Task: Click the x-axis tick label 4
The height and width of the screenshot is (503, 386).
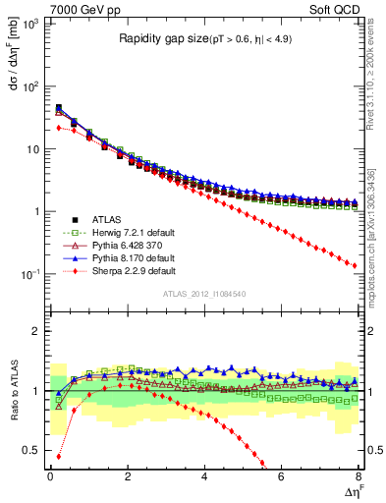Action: point(203,476)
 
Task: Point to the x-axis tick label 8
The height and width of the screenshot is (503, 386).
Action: point(358,476)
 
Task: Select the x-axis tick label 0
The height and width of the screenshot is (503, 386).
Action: point(50,476)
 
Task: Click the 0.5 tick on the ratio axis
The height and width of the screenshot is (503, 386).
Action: point(33,451)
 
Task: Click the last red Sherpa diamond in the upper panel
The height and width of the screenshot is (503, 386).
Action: point(354,264)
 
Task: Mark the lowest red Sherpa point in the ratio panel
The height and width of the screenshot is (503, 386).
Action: point(59,457)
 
